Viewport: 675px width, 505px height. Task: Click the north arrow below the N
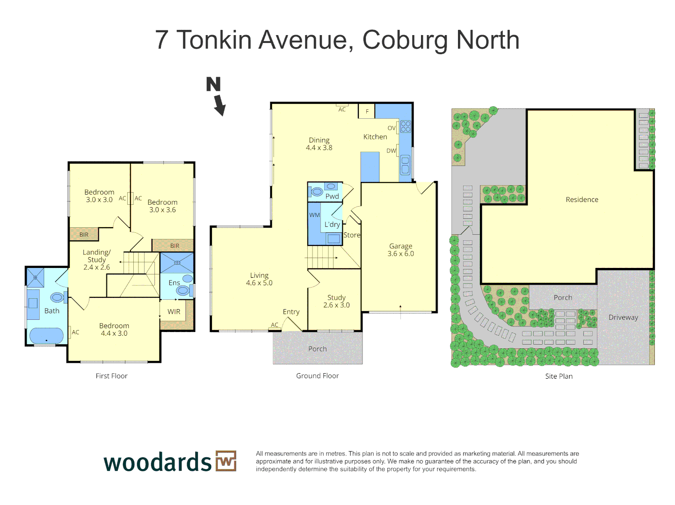pyautogui.click(x=220, y=105)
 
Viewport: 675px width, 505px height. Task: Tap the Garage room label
pyautogui.click(x=401, y=246)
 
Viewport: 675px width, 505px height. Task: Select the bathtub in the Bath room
pyautogui.click(x=46, y=335)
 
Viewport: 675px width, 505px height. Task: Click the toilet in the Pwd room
pyautogui.click(x=317, y=192)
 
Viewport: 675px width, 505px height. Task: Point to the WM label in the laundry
pyautogui.click(x=314, y=215)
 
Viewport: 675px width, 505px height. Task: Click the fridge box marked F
pyautogui.click(x=367, y=111)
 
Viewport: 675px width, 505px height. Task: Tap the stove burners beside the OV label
pyautogui.click(x=406, y=126)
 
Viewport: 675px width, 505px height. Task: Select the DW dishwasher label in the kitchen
pyautogui.click(x=391, y=151)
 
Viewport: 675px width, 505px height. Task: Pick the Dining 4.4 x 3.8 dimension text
pyautogui.click(x=319, y=148)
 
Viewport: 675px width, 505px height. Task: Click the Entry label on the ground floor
pyautogui.click(x=291, y=312)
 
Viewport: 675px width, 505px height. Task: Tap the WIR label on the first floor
pyautogui.click(x=174, y=312)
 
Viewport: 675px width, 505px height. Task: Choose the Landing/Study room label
pyautogui.click(x=97, y=256)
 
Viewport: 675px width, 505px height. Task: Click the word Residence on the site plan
pyautogui.click(x=582, y=200)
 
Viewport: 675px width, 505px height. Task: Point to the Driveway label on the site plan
pyautogui.click(x=623, y=317)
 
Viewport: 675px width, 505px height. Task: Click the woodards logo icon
pyautogui.click(x=226, y=461)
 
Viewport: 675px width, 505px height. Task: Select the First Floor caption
pyautogui.click(x=111, y=376)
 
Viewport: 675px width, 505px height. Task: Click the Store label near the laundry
pyautogui.click(x=352, y=235)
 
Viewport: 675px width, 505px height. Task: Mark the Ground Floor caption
pyautogui.click(x=317, y=376)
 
